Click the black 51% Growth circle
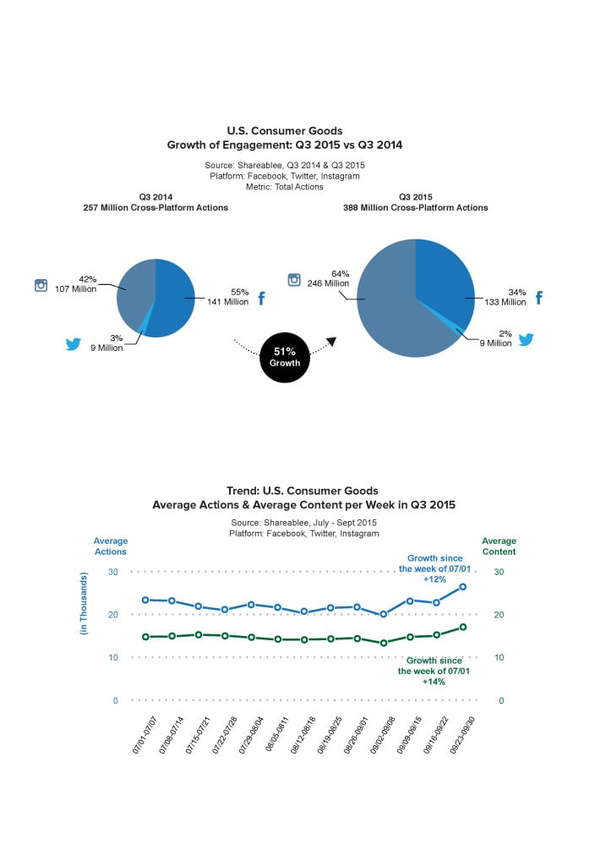(x=284, y=358)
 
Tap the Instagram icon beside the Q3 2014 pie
(x=41, y=285)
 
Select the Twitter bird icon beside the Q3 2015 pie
(x=526, y=339)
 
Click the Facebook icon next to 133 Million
(x=539, y=298)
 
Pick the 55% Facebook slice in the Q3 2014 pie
(x=171, y=301)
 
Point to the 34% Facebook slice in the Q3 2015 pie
(x=445, y=279)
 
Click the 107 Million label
(x=75, y=289)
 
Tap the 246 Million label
(x=328, y=283)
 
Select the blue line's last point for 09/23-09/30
(x=462, y=587)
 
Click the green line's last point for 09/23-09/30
(x=463, y=627)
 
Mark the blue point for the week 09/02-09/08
(x=384, y=614)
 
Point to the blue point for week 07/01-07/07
(x=145, y=600)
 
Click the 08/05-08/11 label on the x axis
(x=277, y=735)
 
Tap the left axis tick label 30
(x=113, y=572)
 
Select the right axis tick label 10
(x=499, y=657)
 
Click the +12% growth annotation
(x=434, y=579)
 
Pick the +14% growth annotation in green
(x=434, y=682)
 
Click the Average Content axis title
(x=499, y=546)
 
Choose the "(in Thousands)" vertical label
(x=84, y=603)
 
